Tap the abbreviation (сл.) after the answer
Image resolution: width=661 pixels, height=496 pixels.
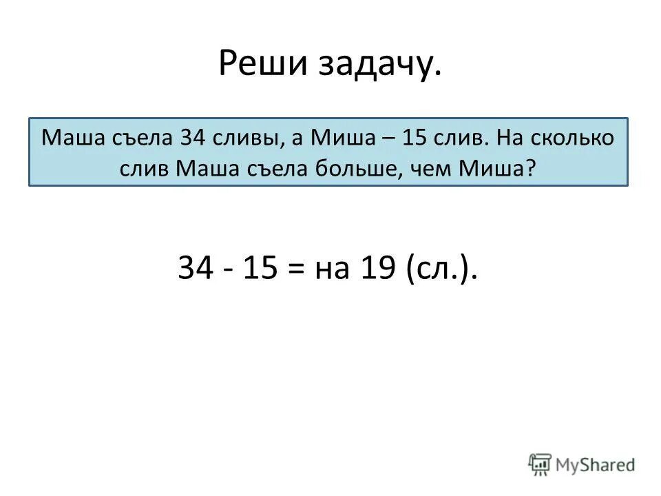(x=441, y=269)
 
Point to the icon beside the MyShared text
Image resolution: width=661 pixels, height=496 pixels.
(x=540, y=464)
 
